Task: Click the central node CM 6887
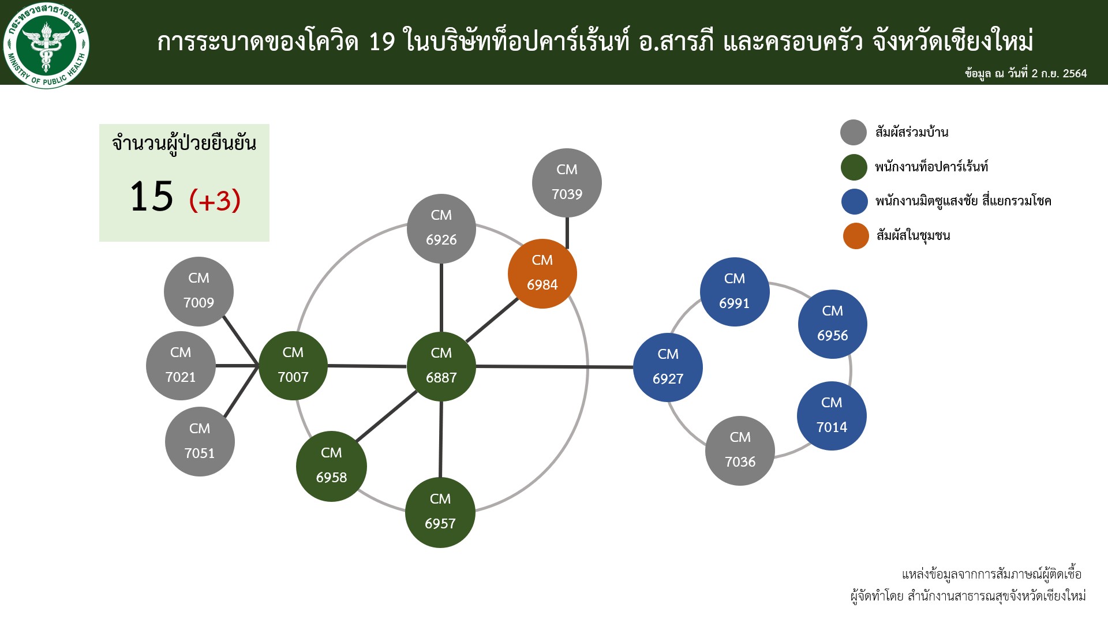441,366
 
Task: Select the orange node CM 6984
542,273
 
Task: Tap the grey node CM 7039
567,183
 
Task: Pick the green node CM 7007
293,366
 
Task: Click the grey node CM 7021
181,366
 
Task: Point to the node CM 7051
200,441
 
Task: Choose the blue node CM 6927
668,367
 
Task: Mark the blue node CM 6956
833,324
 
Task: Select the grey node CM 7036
740,451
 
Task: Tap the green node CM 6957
440,512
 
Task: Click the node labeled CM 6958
331,466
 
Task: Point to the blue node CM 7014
832,416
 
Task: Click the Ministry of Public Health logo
46,45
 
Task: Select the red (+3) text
215,200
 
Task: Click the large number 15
151,197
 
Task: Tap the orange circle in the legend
856,236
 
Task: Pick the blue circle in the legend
855,201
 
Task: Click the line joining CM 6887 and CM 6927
555,367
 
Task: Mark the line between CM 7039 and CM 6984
567,233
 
